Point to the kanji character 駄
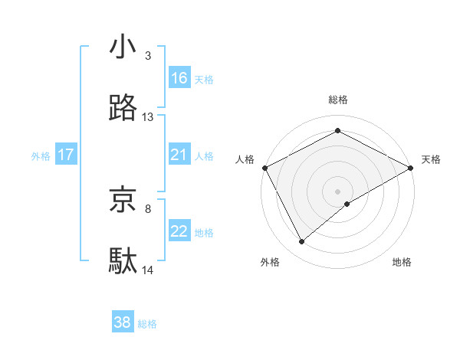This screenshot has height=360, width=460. pyautogui.click(x=123, y=260)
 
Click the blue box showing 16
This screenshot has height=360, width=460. pyautogui.click(x=179, y=78)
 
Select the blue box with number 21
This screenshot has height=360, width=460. pyautogui.click(x=179, y=155)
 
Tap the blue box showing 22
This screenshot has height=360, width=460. pyautogui.click(x=179, y=231)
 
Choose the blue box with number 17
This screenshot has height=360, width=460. pyautogui.click(x=66, y=155)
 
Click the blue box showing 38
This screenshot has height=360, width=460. pyautogui.click(x=123, y=322)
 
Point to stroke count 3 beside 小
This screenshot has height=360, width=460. pyautogui.click(x=147, y=56)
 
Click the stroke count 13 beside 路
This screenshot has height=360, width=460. pyautogui.click(x=148, y=117)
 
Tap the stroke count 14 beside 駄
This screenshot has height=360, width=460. pyautogui.click(x=148, y=270)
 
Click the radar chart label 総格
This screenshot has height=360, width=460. pyautogui.click(x=338, y=100)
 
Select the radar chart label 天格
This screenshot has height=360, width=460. pyautogui.click(x=432, y=159)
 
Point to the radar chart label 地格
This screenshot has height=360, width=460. pyautogui.click(x=402, y=262)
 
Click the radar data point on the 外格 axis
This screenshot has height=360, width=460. pyautogui.click(x=302, y=241)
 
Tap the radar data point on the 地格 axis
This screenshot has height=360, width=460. pyautogui.click(x=347, y=204)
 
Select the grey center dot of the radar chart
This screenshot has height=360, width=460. pyautogui.click(x=338, y=191)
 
